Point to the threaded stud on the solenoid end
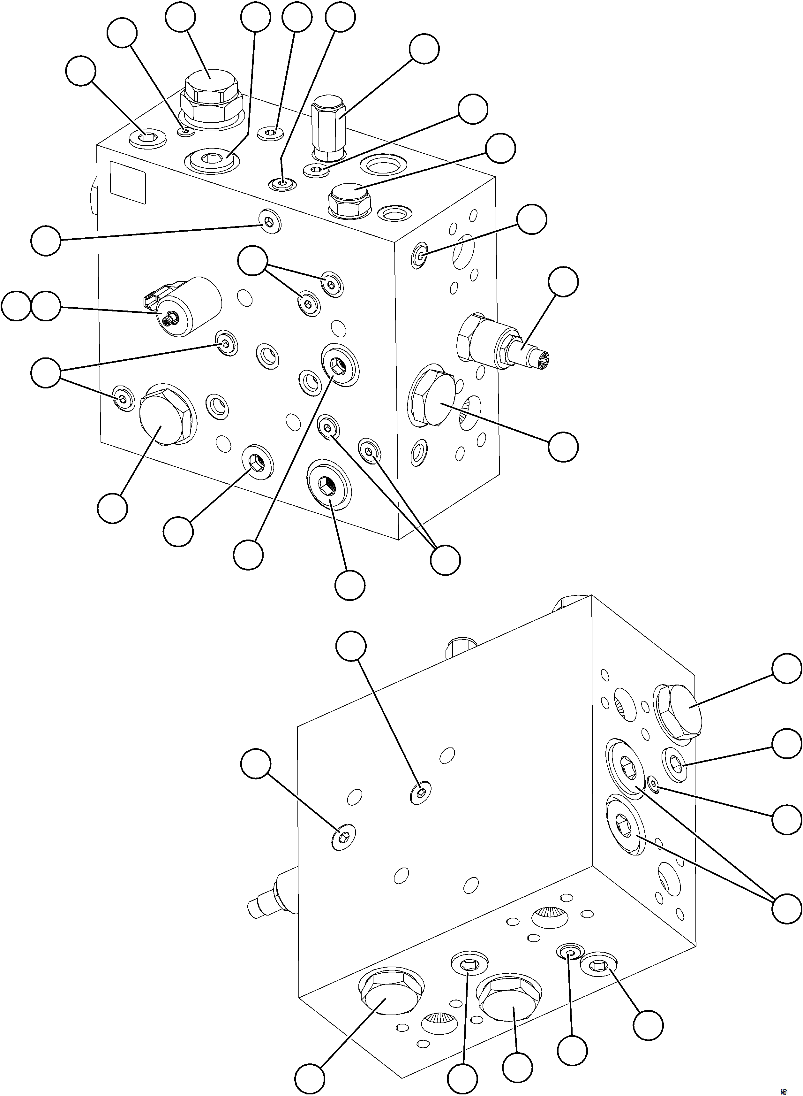coord(170,320)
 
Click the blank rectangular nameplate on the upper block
coord(128,182)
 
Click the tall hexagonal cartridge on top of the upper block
coord(328,126)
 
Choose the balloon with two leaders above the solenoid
coord(253,261)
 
